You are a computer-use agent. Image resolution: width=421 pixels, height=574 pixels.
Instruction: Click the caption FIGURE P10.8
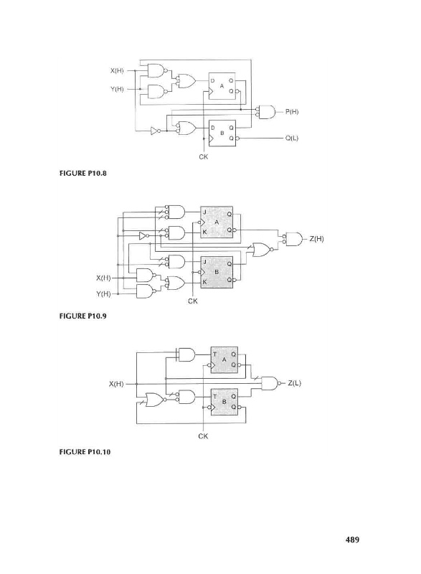82,173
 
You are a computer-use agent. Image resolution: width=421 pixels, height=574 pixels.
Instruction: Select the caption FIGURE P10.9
82,316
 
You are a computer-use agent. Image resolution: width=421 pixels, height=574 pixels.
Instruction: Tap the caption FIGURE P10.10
85,452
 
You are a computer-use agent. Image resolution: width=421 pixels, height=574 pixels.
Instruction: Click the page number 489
352,540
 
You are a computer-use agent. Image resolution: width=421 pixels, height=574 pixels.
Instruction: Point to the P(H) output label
291,112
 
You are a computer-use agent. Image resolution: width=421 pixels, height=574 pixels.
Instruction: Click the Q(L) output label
291,138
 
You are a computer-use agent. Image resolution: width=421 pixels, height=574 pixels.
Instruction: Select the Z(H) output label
316,239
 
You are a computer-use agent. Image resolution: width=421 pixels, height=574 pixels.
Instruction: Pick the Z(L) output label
295,383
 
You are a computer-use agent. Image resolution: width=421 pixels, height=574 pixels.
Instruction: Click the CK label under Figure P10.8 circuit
204,156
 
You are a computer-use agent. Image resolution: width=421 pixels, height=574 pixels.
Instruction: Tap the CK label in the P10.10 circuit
203,436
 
